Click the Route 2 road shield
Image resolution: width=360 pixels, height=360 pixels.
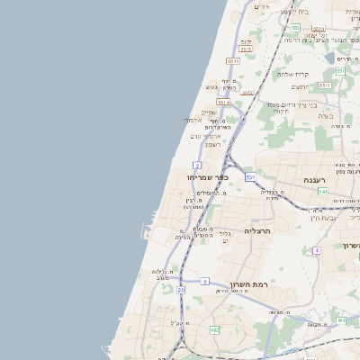click(x=196, y=166)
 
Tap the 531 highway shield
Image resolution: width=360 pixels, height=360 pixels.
click(x=250, y=177)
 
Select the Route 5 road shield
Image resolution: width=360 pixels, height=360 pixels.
click(x=205, y=282)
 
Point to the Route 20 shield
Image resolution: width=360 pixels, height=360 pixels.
click(x=181, y=290)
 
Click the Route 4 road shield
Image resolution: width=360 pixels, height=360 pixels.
click(x=317, y=250)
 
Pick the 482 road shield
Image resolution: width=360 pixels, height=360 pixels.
click(x=214, y=330)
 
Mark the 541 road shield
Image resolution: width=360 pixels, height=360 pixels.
click(x=322, y=192)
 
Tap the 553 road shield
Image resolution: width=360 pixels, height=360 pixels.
click(x=294, y=28)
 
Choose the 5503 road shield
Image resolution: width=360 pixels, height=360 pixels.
click(x=317, y=28)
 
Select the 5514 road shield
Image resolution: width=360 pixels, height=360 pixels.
click(x=222, y=103)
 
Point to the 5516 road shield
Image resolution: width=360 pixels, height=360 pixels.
click(x=233, y=61)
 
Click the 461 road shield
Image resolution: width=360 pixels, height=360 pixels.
click(x=341, y=320)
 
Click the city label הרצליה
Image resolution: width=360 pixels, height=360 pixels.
click(x=258, y=231)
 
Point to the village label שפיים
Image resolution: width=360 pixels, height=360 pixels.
click(x=209, y=112)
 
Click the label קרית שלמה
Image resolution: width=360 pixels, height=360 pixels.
click(x=292, y=74)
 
